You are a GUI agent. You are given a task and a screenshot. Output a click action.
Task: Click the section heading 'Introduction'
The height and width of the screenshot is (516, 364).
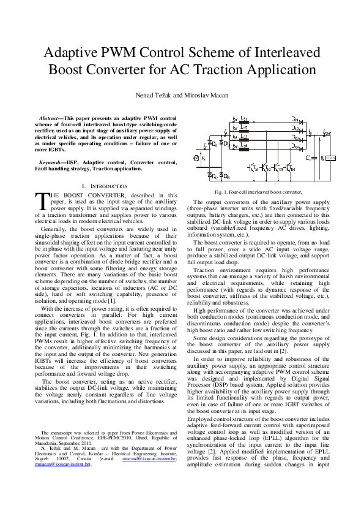107,186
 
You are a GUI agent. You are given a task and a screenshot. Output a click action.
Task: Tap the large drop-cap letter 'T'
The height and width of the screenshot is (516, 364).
40,201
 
